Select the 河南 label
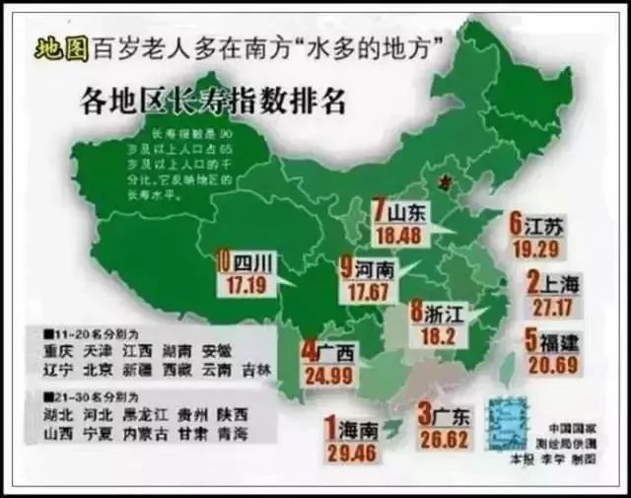372,268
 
